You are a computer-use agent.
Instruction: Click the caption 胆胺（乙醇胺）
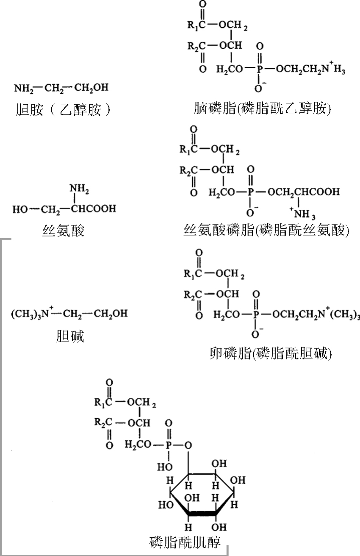(x=63, y=109)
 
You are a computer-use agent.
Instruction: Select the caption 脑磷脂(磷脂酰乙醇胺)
(x=262, y=108)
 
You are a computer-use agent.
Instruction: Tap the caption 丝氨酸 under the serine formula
(x=63, y=231)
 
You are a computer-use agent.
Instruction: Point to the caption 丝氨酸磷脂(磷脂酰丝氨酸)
(x=266, y=230)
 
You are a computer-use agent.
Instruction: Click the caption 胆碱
(x=70, y=336)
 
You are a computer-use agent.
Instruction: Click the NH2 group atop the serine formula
(x=79, y=189)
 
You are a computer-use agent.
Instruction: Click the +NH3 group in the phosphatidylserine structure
(x=302, y=214)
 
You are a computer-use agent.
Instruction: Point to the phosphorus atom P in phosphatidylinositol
(x=169, y=445)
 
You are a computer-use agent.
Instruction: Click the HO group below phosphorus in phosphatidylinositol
(x=165, y=467)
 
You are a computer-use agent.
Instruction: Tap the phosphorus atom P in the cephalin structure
(x=259, y=69)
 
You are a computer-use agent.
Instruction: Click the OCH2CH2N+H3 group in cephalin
(x=310, y=68)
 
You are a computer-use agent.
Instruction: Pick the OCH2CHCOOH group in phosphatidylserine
(x=303, y=192)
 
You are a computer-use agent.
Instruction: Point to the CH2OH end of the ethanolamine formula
(x=91, y=87)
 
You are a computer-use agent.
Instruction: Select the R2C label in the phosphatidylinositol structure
(x=103, y=422)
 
